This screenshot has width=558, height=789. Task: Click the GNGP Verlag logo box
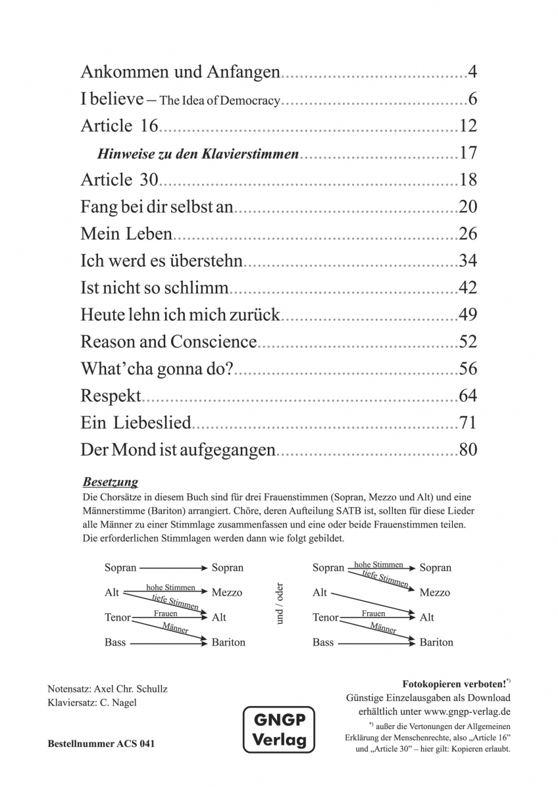(279, 730)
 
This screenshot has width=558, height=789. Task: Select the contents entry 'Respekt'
(111, 396)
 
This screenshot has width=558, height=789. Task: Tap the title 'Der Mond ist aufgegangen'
(178, 451)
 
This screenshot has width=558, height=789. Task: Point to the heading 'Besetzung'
(111, 482)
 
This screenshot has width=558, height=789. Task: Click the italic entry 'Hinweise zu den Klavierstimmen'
(198, 154)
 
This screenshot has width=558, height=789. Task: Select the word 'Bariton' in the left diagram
(228, 642)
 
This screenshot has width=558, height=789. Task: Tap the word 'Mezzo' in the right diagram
(435, 592)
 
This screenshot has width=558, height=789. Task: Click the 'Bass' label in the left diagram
(114, 642)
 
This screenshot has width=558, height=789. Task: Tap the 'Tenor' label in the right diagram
(326, 617)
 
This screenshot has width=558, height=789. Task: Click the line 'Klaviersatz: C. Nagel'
(93, 702)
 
